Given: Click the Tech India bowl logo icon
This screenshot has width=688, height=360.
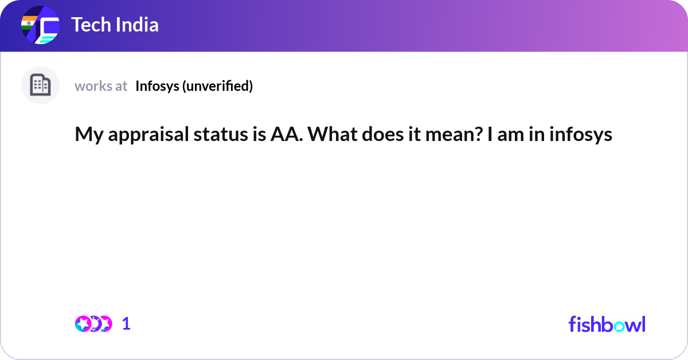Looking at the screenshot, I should [x=40, y=26].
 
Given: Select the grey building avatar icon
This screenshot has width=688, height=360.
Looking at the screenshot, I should [x=40, y=85].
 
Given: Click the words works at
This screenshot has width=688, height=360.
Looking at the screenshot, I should [x=101, y=86].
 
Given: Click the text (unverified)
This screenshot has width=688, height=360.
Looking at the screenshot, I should [x=217, y=86].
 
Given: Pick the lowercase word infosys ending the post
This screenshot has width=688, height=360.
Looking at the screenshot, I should [x=581, y=135].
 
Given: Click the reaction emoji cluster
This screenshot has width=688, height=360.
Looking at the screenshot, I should [x=93, y=324].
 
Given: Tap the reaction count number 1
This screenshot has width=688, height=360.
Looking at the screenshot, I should [x=126, y=324].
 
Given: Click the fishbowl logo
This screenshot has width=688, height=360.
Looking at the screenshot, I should [x=607, y=324].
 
